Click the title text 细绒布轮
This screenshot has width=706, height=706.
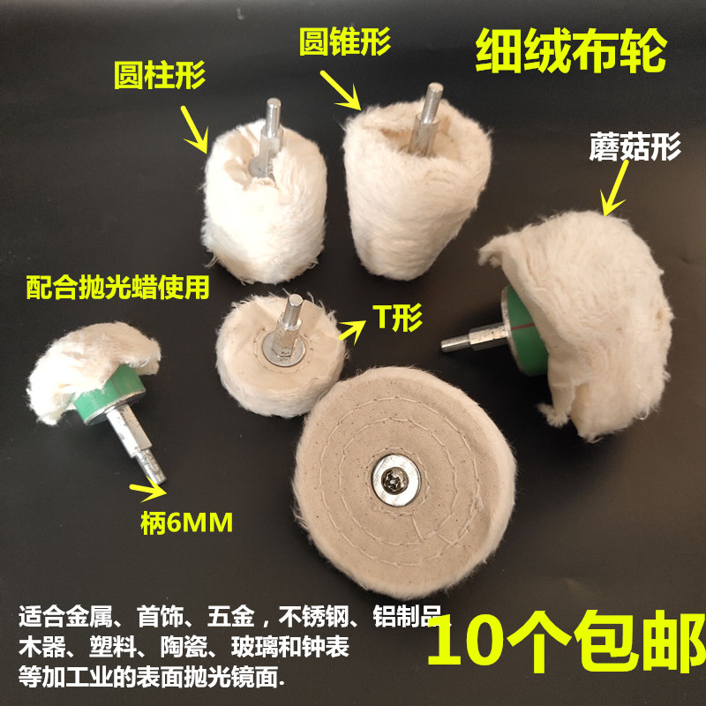point(571,55)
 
